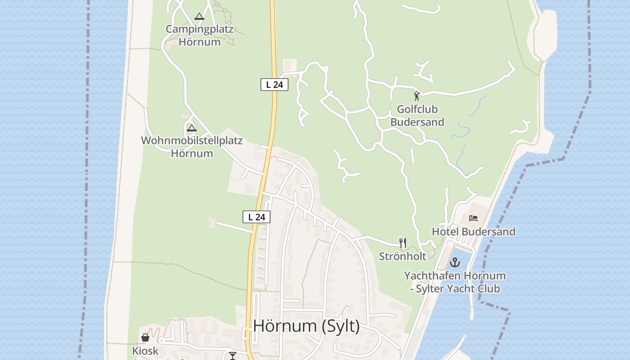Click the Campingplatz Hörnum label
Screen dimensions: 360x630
tap(199, 36)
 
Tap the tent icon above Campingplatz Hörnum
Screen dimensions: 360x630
tap(199, 17)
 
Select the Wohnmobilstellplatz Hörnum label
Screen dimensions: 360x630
tap(192, 147)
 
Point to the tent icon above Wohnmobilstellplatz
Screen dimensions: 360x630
tap(192, 128)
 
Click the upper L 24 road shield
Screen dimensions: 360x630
tap(274, 84)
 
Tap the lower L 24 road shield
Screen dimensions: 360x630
tap(256, 217)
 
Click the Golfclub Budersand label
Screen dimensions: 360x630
tap(417, 116)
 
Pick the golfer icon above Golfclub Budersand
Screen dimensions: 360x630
tap(417, 95)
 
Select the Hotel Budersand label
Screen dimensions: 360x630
tap(473, 232)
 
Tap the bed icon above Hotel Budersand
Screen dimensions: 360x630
tap(473, 218)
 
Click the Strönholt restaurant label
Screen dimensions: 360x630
tap(402, 256)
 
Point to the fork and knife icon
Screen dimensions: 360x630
tap(403, 243)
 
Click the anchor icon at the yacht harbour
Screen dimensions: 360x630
tap(455, 262)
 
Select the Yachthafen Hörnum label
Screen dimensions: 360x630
tap(454, 275)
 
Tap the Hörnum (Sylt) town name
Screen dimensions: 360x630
tap(306, 326)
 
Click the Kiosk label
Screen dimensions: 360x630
tap(145, 351)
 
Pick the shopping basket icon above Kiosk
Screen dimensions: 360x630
tap(145, 337)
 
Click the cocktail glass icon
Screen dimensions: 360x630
tap(233, 356)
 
